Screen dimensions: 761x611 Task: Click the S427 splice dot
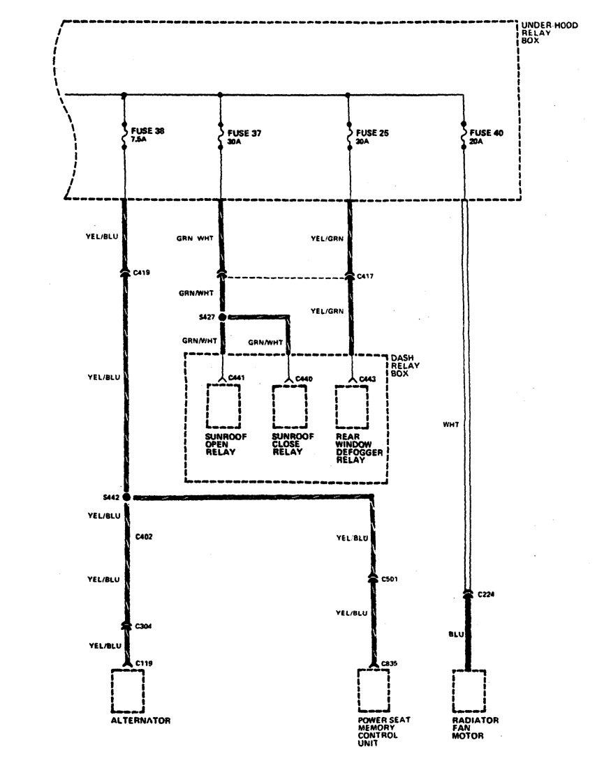pyautogui.click(x=223, y=317)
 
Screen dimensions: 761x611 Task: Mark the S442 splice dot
pyautogui.click(x=126, y=497)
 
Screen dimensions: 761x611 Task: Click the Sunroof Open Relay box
pyautogui.click(x=223, y=405)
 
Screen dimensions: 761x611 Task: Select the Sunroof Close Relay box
pyautogui.click(x=288, y=405)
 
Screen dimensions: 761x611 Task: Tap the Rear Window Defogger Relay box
pyautogui.click(x=351, y=405)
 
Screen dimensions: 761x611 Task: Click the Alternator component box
pyautogui.click(x=127, y=691)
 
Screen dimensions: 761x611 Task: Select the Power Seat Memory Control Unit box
pyautogui.click(x=373, y=691)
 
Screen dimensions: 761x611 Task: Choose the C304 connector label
pyautogui.click(x=145, y=626)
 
